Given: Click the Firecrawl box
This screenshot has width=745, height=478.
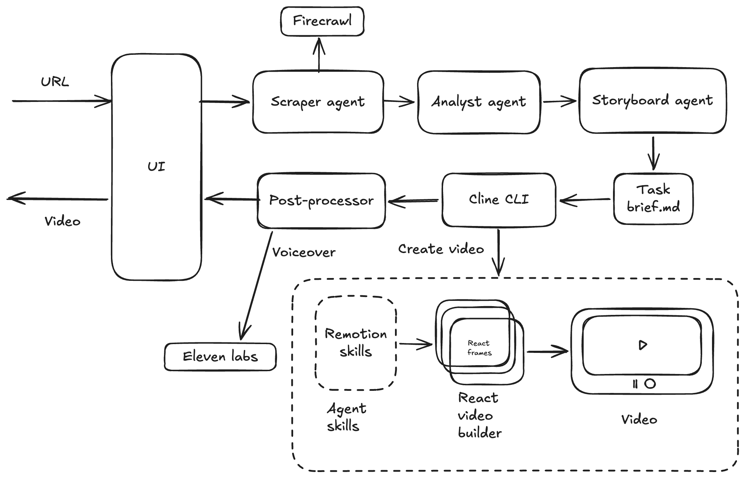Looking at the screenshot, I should coord(322,21).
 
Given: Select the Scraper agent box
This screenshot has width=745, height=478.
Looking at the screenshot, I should coord(318,102).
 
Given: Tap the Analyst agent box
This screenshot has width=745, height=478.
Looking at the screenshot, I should coord(479,102).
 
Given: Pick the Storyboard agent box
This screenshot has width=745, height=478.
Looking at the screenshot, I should coord(652,101).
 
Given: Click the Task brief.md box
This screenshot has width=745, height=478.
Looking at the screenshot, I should coord(653,199).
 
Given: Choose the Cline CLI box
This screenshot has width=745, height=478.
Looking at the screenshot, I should coord(499,199).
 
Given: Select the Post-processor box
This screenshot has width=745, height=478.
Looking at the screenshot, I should coord(321,200).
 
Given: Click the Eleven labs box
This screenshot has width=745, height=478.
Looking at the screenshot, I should coord(220,357).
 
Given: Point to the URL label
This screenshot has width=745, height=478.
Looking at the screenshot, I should coord(55,82).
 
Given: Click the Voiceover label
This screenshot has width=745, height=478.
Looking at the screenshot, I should coord(304,252).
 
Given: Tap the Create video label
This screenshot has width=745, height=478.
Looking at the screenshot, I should coord(441,249).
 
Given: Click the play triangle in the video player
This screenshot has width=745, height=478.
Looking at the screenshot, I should coord(642,345).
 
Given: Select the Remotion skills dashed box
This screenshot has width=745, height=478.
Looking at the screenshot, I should coord(356,343).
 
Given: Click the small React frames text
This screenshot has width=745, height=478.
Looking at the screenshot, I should coord(479,348).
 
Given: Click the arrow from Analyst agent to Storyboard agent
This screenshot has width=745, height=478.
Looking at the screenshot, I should coord(560,102).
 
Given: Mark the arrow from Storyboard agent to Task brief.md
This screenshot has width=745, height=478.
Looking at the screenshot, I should coord(653,153).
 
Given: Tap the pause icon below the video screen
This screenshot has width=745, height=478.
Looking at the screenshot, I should coord(635,384).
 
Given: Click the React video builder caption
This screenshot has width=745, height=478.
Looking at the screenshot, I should coord(479,415).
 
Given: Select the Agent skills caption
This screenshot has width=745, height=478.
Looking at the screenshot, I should coord(346,417).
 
